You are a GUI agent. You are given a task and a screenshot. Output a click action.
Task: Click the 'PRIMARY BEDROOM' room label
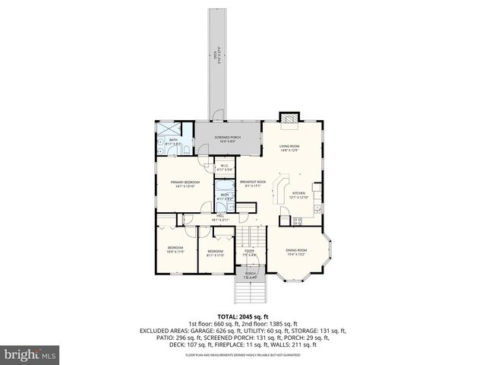click(185, 182)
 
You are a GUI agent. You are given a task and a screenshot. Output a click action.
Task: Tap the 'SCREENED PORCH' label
click(216, 138)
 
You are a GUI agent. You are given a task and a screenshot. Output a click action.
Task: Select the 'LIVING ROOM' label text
click(289, 146)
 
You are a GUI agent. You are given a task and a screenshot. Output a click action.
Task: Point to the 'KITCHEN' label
click(299, 194)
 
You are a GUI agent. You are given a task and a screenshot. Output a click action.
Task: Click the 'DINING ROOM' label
click(296, 250)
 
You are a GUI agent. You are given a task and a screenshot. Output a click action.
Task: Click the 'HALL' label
click(220, 217)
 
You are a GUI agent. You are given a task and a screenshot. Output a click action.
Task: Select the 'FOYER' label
click(249, 250)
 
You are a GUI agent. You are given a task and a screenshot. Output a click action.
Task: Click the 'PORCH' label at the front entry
click(250, 274)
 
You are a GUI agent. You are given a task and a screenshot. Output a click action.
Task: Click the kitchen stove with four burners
click(298, 221)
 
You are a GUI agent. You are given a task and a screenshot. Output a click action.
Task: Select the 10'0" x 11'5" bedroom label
click(176, 249)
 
